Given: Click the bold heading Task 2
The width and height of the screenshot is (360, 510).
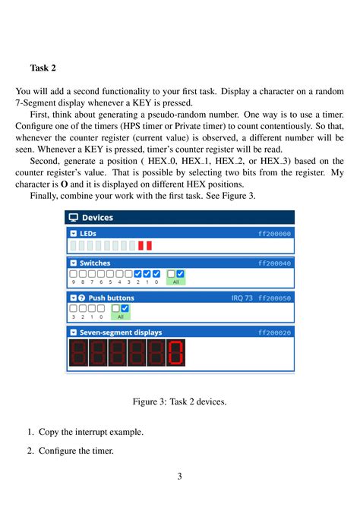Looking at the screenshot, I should click(43, 68).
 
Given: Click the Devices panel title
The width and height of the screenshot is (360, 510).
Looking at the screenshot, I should click(97, 218).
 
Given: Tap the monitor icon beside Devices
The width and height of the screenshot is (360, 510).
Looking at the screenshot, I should click(74, 218).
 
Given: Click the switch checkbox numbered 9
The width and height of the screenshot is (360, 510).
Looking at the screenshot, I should click(74, 274).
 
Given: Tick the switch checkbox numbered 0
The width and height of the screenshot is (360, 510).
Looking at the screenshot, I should click(156, 274).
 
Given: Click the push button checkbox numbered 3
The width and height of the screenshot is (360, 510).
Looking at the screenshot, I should click(74, 309).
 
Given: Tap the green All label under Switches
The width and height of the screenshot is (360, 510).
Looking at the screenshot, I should click(175, 282).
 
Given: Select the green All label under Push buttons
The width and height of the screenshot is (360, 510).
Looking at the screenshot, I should click(120, 316).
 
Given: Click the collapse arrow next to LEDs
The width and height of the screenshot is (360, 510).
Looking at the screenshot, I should click(74, 235).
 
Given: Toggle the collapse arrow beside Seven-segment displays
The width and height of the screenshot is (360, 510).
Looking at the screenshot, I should click(74, 332).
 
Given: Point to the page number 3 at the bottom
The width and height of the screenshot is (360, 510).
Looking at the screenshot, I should click(180, 477).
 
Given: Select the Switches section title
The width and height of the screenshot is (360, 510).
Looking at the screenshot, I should click(95, 263).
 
